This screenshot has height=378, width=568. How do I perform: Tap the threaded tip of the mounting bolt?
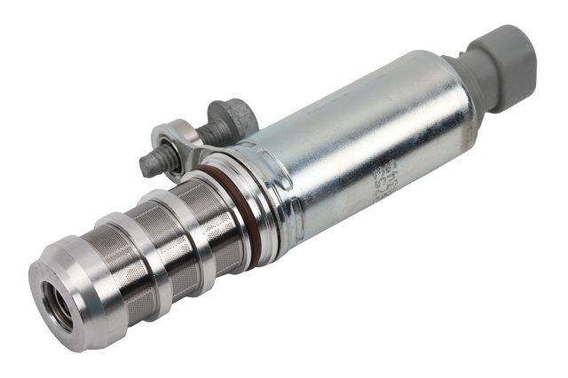(149, 165)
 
